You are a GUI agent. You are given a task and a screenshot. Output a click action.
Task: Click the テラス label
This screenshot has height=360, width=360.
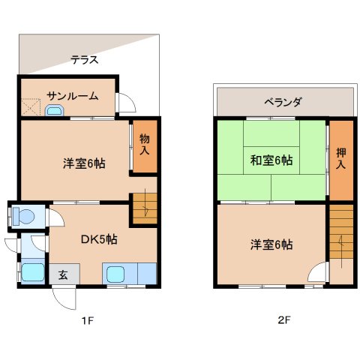pyautogui.click(x=85, y=60)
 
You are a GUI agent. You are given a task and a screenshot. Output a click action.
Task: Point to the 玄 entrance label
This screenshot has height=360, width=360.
pyautogui.click(x=63, y=274)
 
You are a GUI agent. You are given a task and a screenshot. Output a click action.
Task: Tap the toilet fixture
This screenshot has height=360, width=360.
pyautogui.click(x=22, y=217)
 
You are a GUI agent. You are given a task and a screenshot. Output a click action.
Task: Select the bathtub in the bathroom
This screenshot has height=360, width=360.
pyautogui.click(x=32, y=271)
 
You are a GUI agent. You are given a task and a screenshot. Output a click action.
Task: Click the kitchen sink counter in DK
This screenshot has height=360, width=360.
pyautogui.click(x=128, y=274)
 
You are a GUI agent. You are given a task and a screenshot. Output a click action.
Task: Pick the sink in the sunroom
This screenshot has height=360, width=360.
pyautogui.click(x=54, y=111)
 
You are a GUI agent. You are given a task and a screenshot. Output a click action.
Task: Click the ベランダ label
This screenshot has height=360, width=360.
pyautogui.click(x=283, y=102)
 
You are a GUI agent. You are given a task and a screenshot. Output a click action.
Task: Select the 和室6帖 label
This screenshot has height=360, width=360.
pyautogui.click(x=271, y=160)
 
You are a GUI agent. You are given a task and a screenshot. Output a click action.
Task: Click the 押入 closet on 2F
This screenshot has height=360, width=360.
pyautogui.click(x=340, y=160)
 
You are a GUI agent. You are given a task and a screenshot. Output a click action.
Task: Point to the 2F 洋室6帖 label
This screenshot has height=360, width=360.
pyautogui.click(x=271, y=244)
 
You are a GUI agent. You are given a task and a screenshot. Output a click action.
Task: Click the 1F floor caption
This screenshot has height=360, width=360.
pyautogui.click(x=88, y=320)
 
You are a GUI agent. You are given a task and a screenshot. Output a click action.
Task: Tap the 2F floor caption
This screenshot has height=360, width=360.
pyautogui.click(x=283, y=320)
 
